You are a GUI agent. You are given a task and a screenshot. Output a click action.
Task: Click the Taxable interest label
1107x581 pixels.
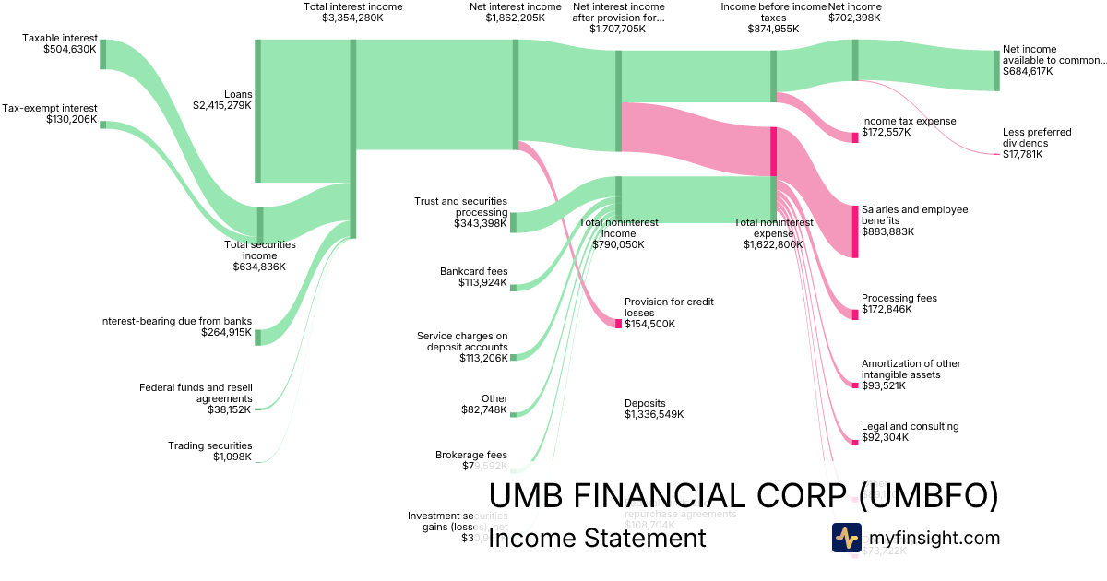click(60, 38)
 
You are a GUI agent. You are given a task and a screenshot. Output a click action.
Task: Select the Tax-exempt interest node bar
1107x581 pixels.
click(103, 125)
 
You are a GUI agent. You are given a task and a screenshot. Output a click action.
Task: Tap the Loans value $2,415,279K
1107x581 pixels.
click(221, 105)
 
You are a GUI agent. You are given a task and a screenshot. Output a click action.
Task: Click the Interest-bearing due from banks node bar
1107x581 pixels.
click(258, 337)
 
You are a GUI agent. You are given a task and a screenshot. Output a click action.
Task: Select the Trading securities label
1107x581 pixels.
click(209, 445)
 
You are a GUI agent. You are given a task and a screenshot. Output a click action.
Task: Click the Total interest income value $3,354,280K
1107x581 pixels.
click(352, 18)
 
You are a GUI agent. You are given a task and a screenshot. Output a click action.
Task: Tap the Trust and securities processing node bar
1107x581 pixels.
click(514, 222)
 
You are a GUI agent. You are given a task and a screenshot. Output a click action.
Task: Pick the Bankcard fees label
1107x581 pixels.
click(473, 271)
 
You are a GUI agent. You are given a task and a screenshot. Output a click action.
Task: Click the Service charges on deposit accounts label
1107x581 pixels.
click(462, 341)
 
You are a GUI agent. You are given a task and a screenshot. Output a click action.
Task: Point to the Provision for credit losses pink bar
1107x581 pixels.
click(618, 324)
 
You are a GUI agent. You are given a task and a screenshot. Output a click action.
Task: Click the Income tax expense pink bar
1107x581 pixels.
click(854, 137)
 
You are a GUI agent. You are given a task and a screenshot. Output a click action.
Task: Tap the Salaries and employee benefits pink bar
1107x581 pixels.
click(854, 231)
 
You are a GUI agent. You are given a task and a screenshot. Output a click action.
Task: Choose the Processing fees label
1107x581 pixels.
click(899, 298)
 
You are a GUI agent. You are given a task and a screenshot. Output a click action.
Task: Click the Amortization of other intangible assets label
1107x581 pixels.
click(911, 369)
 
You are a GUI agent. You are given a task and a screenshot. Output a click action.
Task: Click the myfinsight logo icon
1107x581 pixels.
click(846, 538)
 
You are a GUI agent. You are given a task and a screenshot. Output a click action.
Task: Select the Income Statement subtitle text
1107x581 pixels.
click(597, 538)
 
